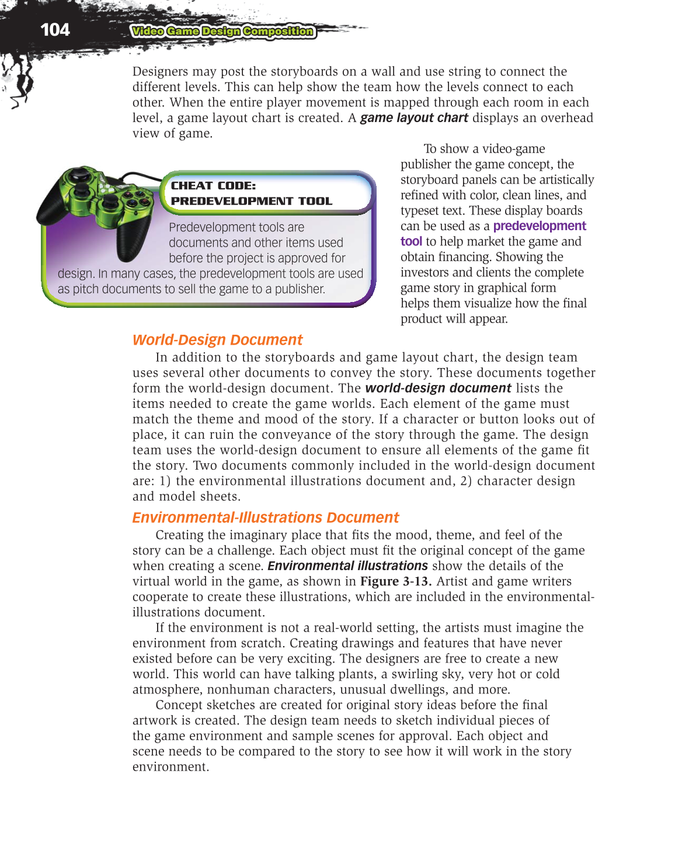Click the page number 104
pos(55,30)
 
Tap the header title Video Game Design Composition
pos(222,32)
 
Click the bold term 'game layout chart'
pos(413,118)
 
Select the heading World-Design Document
pos(217,340)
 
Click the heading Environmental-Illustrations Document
pos(265,518)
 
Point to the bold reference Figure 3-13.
pos(395,581)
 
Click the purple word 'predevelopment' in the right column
pos(539,226)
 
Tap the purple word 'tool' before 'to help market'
pos(411,241)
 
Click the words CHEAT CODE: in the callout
pos(213,186)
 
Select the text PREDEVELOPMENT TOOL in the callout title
pos(251,201)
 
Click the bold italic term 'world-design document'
pos(438,388)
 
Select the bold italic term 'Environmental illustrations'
pos(347,565)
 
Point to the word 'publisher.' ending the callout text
pos(300,289)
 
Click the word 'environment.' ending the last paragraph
pos(170,767)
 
